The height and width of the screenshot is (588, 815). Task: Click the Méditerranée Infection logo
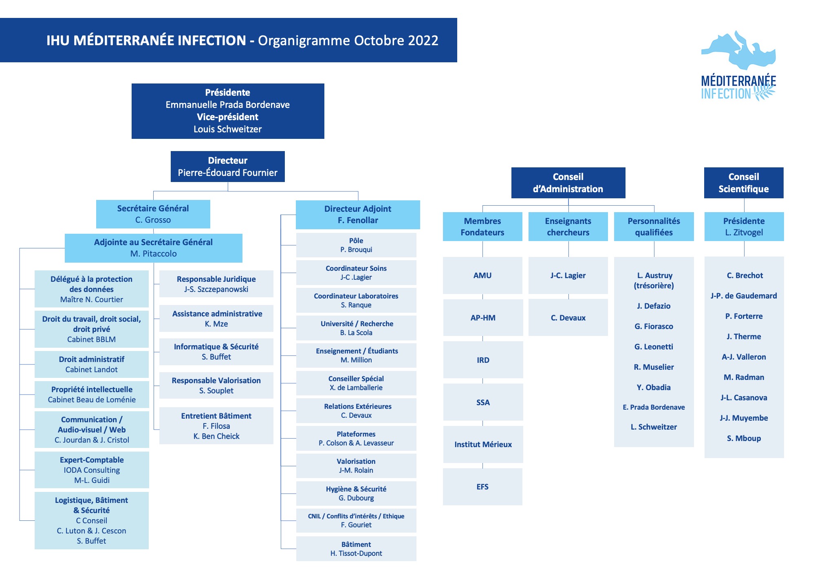tap(738, 66)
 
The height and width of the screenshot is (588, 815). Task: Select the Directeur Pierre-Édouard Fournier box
tap(227, 166)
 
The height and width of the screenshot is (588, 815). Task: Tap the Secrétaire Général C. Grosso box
tap(153, 214)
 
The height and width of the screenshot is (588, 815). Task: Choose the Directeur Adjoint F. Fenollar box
tap(358, 214)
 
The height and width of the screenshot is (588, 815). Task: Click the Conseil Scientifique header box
tap(744, 182)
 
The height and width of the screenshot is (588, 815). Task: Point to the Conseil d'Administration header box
tap(568, 182)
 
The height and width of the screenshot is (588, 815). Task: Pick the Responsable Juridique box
tap(216, 284)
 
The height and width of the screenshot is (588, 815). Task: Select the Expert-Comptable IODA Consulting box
tap(92, 470)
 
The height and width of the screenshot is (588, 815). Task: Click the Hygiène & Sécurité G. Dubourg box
tap(356, 493)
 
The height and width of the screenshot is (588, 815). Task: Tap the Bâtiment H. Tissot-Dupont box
tap(356, 549)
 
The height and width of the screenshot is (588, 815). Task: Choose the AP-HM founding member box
tap(483, 318)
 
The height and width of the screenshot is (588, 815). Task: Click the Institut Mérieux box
tap(483, 444)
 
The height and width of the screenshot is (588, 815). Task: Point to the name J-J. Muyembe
tap(744, 418)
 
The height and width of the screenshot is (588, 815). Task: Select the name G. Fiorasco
tap(654, 326)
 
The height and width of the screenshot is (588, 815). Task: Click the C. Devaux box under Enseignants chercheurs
tap(568, 318)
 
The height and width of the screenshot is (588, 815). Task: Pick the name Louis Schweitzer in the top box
tap(227, 129)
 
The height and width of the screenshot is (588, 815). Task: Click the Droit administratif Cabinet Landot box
tap(92, 364)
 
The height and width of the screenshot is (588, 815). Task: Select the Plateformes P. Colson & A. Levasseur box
tap(356, 438)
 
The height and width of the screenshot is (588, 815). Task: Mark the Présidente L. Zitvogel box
tap(744, 226)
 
